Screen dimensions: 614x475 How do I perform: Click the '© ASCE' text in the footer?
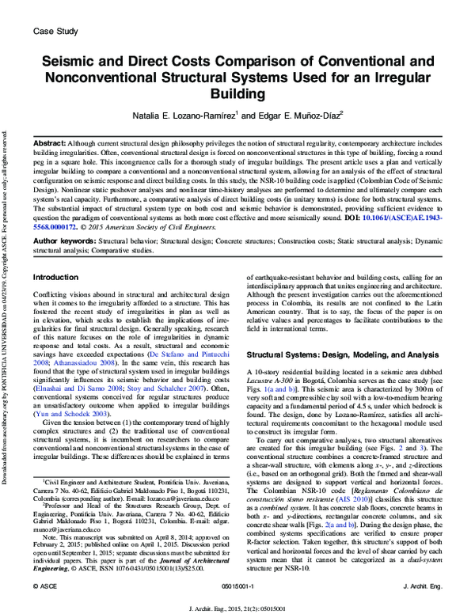click(43, 586)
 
